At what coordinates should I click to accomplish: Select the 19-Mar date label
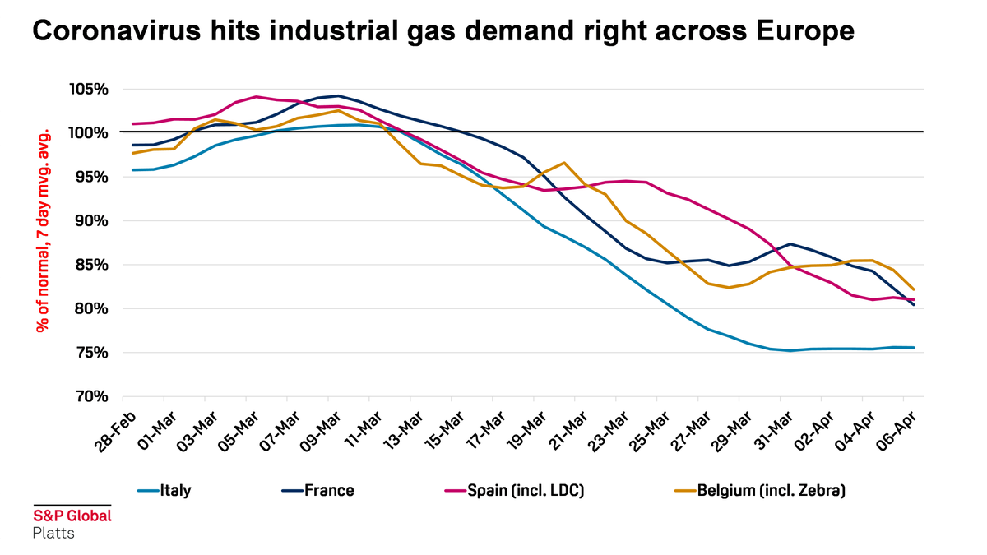click(529, 430)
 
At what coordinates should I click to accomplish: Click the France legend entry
click(329, 491)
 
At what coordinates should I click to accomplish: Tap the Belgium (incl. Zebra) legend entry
click(771, 491)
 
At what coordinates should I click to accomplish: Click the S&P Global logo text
click(72, 516)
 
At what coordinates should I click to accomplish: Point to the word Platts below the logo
click(53, 533)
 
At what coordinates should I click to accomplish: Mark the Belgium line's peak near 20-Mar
click(564, 163)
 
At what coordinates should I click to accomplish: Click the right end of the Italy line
click(915, 348)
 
